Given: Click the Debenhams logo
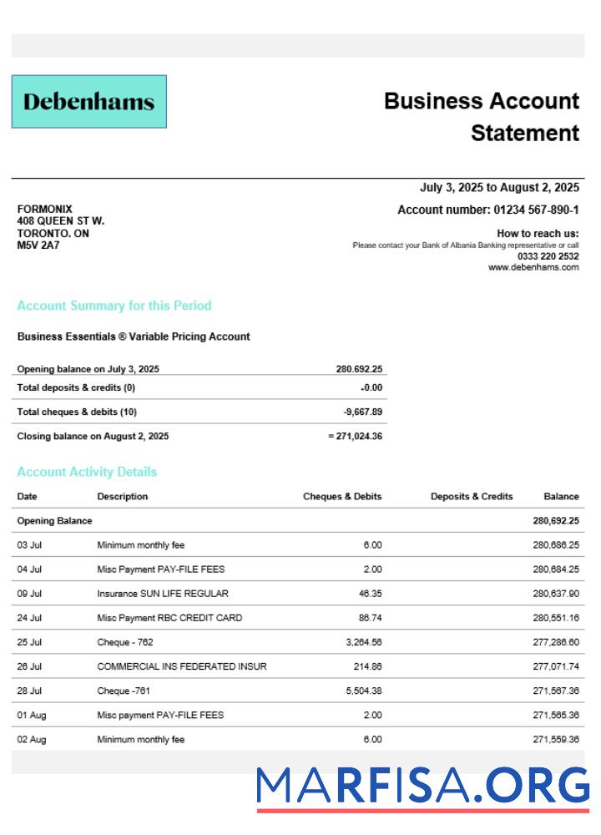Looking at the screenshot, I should point(88,102).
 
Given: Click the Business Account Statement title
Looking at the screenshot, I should point(482,117).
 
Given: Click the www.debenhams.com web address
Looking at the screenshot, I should point(533,267).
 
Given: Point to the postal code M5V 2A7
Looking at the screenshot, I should point(38,245).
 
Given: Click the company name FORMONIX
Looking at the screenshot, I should point(44,209).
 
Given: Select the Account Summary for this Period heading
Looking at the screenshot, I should point(114,306).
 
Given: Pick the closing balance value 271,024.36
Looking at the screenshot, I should point(358,436).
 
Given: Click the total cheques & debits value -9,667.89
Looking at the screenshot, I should point(363,412).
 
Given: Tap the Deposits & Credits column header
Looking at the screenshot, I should point(472,496).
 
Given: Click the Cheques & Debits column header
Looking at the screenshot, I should point(342,496).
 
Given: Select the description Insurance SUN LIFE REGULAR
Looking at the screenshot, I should point(163,594).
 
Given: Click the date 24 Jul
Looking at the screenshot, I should point(29,618).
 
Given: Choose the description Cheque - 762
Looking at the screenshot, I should point(125,642).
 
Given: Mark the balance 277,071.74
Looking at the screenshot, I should point(555,666).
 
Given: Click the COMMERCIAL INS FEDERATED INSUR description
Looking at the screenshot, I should point(182,666).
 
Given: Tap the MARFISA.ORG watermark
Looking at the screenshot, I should point(422,787).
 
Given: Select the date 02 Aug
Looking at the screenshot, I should point(31,739).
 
